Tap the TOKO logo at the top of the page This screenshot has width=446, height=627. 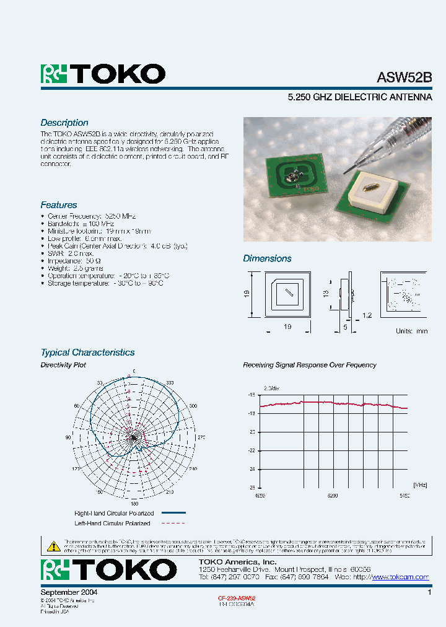coord(103,74)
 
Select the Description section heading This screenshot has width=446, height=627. coord(64,123)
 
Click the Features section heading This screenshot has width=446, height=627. coord(59,205)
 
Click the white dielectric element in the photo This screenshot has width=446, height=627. coord(370,193)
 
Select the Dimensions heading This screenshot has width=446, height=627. coord(267,258)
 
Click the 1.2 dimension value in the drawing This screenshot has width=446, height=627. coord(367,316)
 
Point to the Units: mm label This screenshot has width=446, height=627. coord(411,331)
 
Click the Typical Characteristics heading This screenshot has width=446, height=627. coord(87,353)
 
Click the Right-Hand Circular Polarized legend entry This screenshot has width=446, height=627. coord(114,513)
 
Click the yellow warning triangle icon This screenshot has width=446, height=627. coord(53,546)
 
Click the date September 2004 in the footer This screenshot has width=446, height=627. coord(69,592)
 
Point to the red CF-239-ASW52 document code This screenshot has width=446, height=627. coord(237,598)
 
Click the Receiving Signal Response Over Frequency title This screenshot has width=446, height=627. coord(309,365)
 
